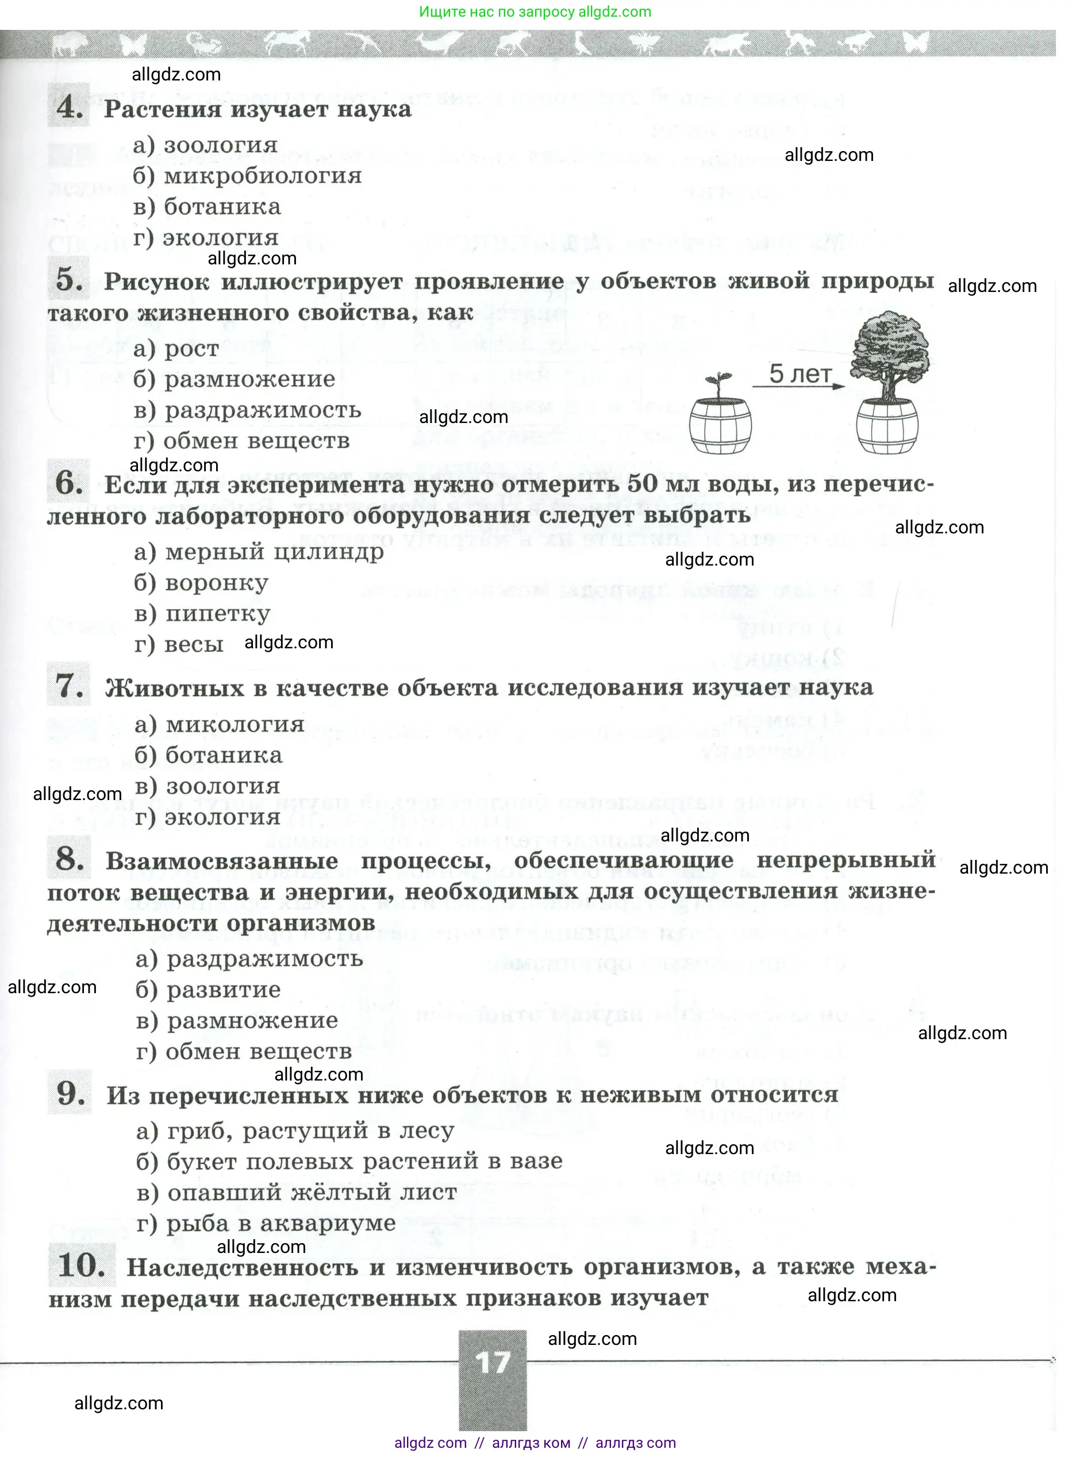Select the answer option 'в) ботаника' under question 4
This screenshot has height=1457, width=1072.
tap(207, 207)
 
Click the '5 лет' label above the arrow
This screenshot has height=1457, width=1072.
tap(800, 374)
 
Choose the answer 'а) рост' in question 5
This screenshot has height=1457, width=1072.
tap(176, 349)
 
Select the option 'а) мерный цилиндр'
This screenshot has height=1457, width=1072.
tap(259, 552)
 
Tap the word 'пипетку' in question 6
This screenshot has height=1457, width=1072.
tap(217, 614)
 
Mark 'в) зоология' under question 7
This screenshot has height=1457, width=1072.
tap(208, 786)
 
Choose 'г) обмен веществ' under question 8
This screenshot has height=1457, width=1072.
tap(244, 1052)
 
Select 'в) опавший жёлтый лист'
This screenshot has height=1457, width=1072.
tap(297, 1193)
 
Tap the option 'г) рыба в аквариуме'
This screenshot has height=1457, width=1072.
tap(266, 1224)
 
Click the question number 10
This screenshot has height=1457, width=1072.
tap(81, 1266)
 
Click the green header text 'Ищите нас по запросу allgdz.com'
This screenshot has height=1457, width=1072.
tap(535, 11)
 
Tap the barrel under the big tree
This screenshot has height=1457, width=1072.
tap(887, 427)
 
